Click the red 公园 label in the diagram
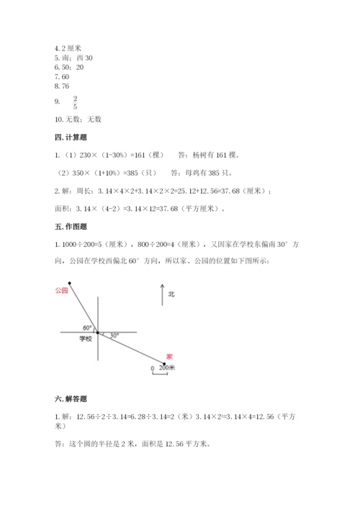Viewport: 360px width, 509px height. (60, 289)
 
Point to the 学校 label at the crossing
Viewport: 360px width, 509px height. (86, 338)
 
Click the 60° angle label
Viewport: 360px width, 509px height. (87, 326)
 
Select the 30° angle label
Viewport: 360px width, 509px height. (114, 335)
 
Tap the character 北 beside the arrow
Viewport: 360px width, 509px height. (171, 294)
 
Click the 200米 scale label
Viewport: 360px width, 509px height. (168, 368)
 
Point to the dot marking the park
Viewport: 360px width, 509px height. (70, 283)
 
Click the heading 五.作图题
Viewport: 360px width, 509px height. (71, 228)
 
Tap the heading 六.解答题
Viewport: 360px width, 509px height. (71, 399)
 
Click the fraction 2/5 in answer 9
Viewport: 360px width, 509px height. (76, 102)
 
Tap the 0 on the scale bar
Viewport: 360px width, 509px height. (152, 368)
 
